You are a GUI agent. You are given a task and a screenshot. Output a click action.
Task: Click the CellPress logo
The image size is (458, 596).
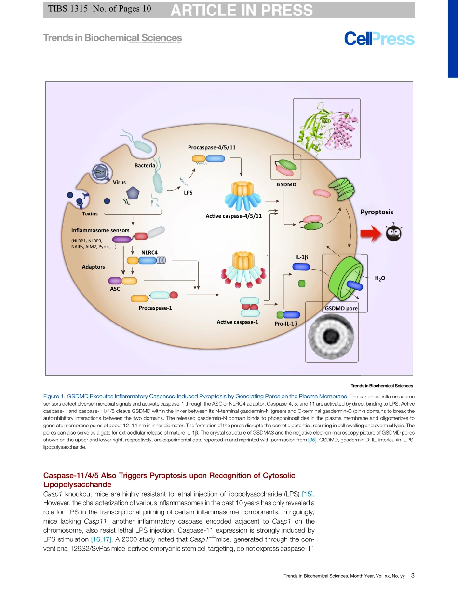point(379,39)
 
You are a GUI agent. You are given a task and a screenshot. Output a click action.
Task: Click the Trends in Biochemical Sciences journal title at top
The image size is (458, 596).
point(112,38)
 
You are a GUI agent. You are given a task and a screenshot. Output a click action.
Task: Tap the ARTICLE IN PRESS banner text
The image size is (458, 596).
point(242,10)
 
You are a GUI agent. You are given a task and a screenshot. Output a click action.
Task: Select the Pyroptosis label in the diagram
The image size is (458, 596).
point(377,212)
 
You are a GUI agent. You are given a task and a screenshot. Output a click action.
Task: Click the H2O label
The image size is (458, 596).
point(380,278)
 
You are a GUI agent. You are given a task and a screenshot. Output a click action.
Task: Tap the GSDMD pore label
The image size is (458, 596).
point(341,308)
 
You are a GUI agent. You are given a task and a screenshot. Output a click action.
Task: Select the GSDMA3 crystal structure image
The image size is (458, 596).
point(326,126)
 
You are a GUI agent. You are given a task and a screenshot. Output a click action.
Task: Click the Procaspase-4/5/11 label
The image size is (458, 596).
point(212,147)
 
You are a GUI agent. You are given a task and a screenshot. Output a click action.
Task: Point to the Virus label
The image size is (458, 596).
point(119,182)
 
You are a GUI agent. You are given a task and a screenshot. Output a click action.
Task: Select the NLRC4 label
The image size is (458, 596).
point(149,252)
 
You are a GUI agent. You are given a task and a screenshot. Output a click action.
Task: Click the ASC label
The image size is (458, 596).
point(115,289)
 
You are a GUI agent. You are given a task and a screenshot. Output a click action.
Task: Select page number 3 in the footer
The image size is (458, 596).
point(413,575)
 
